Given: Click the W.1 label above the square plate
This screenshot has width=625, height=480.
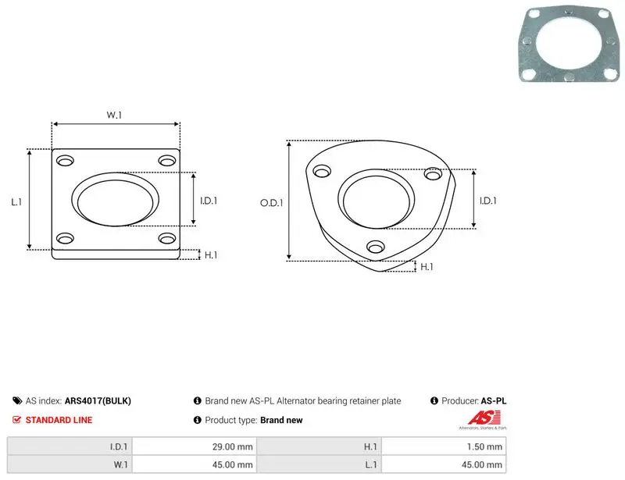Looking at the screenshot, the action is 114,115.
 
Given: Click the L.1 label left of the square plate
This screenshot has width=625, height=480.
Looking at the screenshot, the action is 16,202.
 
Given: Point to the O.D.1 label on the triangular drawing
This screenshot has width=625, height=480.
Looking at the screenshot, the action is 271,203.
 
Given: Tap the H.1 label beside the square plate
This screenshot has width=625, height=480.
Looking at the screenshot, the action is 211,255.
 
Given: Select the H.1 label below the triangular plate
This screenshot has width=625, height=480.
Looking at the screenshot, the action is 427,267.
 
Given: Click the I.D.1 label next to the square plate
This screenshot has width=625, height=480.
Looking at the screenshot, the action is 209,201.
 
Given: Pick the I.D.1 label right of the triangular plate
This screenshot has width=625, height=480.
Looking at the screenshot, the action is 487,201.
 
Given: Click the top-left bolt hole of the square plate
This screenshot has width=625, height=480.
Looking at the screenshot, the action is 65,161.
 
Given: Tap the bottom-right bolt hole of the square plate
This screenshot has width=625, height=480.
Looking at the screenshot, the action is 167,238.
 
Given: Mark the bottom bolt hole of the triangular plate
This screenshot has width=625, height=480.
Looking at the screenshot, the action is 376,247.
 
